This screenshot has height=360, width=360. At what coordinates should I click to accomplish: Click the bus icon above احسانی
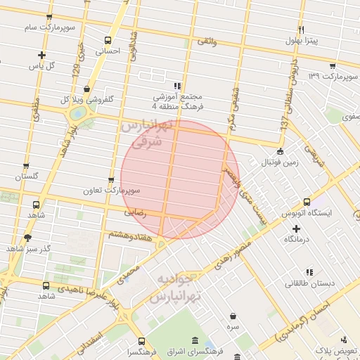pos(108,40)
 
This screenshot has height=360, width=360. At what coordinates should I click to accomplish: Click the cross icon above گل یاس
pos(42,55)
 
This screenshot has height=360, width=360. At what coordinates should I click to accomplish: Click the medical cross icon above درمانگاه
pos(296,229)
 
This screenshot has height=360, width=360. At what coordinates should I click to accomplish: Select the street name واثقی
pos(207,43)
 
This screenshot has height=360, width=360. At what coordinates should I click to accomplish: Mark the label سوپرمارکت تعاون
pos(112,191)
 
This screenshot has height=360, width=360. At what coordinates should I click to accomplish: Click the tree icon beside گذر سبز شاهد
pos(27,238)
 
